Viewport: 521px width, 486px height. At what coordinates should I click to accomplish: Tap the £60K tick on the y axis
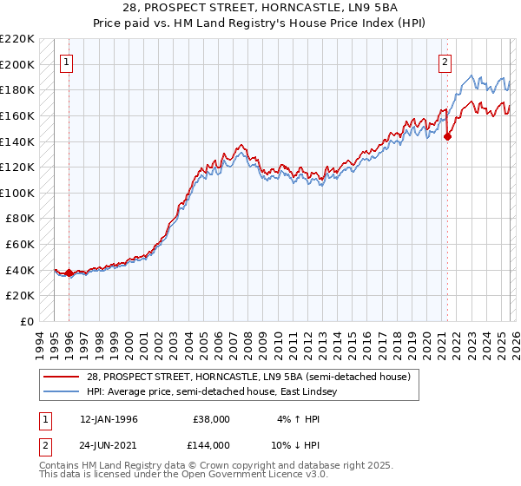point(20,245)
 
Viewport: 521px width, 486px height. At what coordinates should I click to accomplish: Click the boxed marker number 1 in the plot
point(68,62)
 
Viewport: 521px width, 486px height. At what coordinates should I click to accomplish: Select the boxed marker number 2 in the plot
point(445,62)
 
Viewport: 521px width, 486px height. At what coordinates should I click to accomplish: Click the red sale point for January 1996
point(69,273)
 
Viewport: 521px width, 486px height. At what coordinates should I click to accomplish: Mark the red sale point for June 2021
point(447,136)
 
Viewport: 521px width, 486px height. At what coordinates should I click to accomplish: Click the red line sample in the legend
point(62,376)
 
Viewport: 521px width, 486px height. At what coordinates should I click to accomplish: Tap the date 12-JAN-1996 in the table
point(109,419)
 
